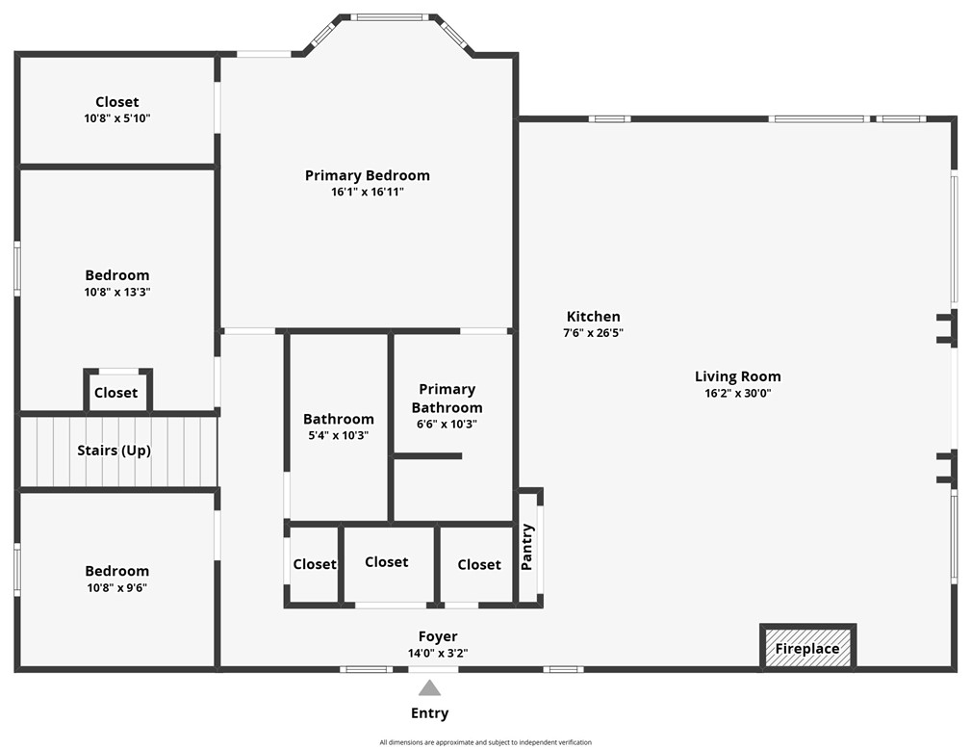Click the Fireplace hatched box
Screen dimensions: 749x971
pyautogui.click(x=807, y=648)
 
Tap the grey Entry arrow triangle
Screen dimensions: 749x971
pyautogui.click(x=429, y=687)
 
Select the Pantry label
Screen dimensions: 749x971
pyautogui.click(x=527, y=547)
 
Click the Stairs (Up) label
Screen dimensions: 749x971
pyautogui.click(x=114, y=451)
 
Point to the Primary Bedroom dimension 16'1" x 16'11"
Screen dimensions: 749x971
pyautogui.click(x=367, y=192)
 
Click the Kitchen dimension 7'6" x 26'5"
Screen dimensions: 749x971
pyautogui.click(x=593, y=333)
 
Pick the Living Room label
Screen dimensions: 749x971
pyautogui.click(x=737, y=376)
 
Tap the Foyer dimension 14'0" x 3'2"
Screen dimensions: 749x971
pyautogui.click(x=437, y=653)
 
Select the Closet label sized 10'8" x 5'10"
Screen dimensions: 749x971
pyautogui.click(x=116, y=102)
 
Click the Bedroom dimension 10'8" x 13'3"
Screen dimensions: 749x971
pyautogui.click(x=116, y=292)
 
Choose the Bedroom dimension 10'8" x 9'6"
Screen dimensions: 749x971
pyautogui.click(x=116, y=587)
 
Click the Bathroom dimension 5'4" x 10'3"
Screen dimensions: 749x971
pyautogui.click(x=338, y=435)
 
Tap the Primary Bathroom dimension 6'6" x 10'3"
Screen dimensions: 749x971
pyautogui.click(x=447, y=424)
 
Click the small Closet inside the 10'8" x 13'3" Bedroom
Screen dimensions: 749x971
pyautogui.click(x=116, y=393)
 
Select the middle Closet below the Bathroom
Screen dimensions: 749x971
pyautogui.click(x=386, y=562)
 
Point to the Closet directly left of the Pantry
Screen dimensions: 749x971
pyautogui.click(x=478, y=564)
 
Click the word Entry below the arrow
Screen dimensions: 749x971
pyautogui.click(x=429, y=713)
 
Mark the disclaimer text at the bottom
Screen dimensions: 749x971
pyautogui.click(x=485, y=742)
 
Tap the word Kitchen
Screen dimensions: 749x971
pyautogui.click(x=593, y=317)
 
